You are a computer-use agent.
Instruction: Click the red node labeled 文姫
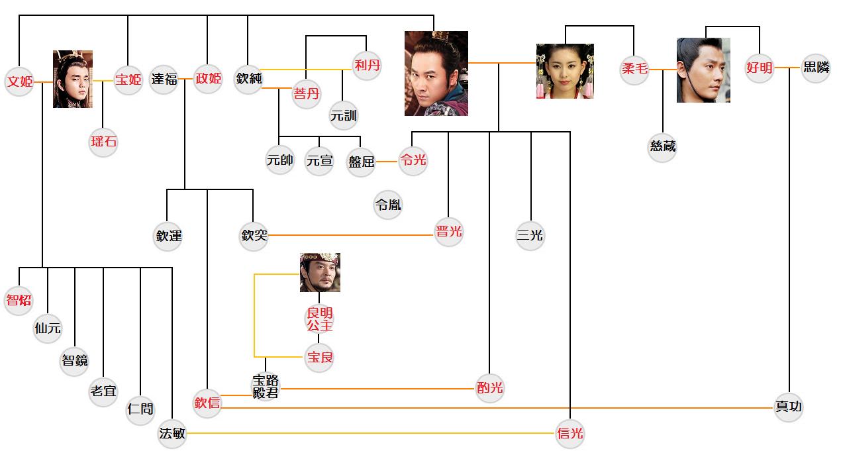[x=19, y=82]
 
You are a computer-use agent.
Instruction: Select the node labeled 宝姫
[x=128, y=80]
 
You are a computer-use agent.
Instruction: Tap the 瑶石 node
[x=103, y=142]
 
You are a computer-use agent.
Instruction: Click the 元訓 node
[x=343, y=116]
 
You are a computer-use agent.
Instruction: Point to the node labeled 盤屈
[x=361, y=161]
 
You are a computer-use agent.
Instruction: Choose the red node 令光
[x=413, y=160]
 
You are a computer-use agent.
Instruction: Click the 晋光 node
[x=449, y=232]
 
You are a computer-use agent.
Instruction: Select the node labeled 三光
[x=530, y=235]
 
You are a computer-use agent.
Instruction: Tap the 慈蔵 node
[x=662, y=146]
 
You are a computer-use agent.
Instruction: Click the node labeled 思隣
[x=815, y=68]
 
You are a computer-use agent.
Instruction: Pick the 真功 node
[x=789, y=406]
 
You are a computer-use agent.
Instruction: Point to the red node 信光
[x=570, y=434]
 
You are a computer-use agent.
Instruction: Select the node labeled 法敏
[x=172, y=434]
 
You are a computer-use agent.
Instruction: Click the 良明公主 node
[x=319, y=319]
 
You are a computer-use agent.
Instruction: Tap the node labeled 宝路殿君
[x=266, y=386]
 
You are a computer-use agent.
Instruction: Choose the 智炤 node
[x=19, y=299]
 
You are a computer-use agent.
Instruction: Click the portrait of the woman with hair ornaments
[x=564, y=72]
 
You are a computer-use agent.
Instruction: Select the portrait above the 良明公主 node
[x=320, y=272]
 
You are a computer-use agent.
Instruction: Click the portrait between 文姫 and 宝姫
[x=73, y=79]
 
